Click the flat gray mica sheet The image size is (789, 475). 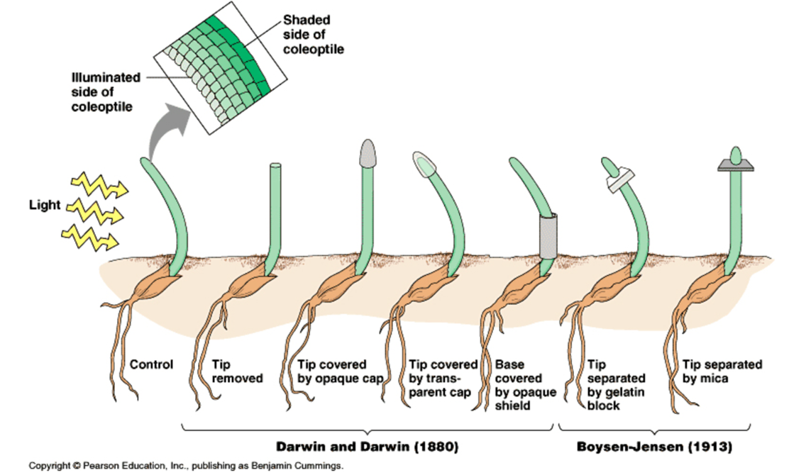coord(734,164)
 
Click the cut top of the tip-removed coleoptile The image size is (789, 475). coord(275,167)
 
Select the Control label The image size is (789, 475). coord(151,365)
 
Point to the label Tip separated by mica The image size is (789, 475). coord(722,371)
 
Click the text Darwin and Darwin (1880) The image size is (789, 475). coord(367,447)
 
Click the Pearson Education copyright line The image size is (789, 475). coord(186,466)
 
